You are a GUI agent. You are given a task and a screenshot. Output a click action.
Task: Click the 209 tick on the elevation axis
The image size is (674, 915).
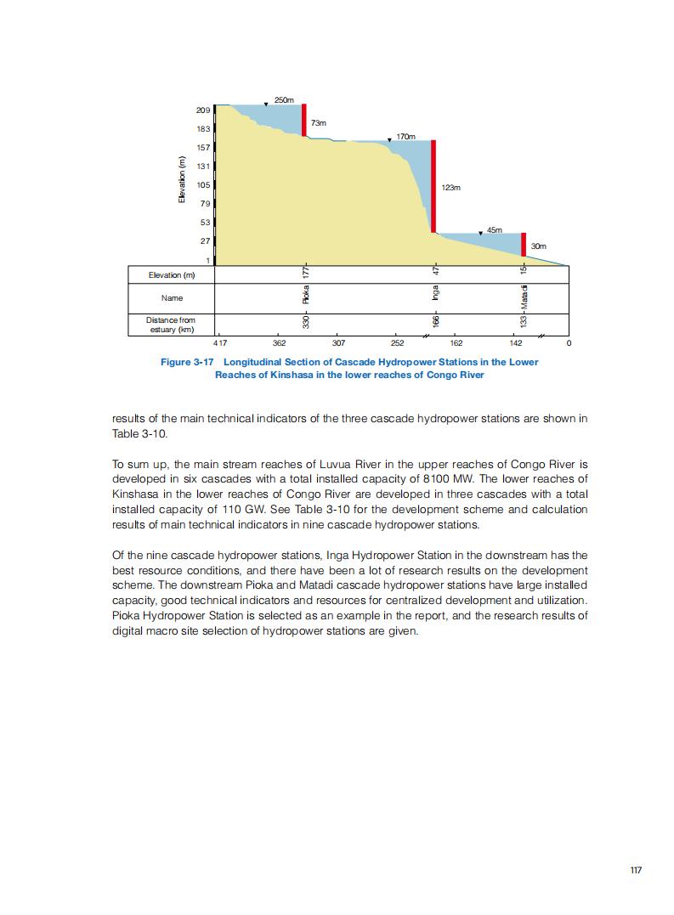(203, 110)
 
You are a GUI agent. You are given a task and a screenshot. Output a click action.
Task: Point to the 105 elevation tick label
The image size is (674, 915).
(203, 185)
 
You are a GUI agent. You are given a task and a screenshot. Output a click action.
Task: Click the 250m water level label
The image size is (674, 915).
(285, 100)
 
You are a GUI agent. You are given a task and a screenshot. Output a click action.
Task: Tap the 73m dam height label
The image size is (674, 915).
(319, 123)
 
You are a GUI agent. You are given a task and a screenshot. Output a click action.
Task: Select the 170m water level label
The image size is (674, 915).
(405, 136)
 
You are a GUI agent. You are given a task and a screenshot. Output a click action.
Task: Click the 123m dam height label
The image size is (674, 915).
(450, 187)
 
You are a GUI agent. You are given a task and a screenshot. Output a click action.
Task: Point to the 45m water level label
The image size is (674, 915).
(495, 229)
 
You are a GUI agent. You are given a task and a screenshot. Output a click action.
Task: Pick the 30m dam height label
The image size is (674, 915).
(538, 246)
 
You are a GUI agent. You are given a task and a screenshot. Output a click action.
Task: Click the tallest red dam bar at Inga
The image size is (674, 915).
(433, 186)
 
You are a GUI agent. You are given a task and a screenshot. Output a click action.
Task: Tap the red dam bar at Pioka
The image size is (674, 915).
(304, 120)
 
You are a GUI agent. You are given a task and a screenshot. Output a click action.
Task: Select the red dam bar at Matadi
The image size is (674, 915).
(524, 244)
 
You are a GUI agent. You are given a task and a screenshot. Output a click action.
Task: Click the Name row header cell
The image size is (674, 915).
(172, 298)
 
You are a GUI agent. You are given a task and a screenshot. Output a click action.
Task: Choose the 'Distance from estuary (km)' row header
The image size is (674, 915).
(171, 325)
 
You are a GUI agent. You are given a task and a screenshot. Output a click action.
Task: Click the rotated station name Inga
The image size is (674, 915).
(434, 293)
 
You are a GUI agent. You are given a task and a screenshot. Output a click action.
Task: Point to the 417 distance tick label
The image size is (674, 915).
(219, 343)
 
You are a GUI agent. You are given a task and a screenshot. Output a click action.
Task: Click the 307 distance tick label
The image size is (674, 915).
(338, 343)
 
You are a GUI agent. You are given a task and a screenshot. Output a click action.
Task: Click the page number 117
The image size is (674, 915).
(636, 870)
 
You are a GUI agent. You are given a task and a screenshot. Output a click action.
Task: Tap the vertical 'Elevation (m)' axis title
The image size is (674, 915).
(181, 180)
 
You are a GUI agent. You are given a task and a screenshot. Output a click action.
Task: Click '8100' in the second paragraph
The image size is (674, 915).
(440, 478)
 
